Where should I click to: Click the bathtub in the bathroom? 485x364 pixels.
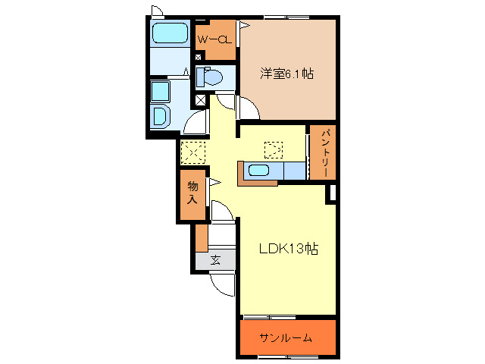tap(169, 33)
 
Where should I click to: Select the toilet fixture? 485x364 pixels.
tap(210, 77)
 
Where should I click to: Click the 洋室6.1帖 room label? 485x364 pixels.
tap(287, 74)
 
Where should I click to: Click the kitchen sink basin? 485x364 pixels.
tap(259, 170)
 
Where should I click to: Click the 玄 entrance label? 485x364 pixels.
tap(215, 260)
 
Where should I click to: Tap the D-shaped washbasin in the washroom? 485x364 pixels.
tap(161, 116)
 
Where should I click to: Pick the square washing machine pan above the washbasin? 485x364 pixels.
tap(161, 92)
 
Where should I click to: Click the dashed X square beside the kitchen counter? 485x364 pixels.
tap(272, 149)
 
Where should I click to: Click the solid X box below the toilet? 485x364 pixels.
tap(200, 99)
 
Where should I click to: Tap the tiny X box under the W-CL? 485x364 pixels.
tap(199, 58)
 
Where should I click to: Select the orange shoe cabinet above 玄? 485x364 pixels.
tap(201, 238)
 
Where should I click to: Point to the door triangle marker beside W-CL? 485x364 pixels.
tap(243, 26)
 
